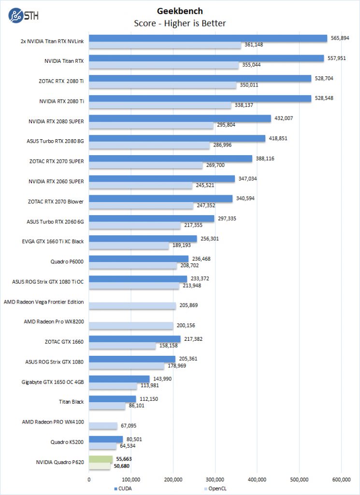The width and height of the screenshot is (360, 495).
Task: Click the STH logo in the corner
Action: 23,15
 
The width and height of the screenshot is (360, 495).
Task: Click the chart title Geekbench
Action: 180,11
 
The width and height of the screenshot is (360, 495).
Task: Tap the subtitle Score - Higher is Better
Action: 180,23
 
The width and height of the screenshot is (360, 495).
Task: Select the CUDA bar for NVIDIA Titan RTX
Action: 206,58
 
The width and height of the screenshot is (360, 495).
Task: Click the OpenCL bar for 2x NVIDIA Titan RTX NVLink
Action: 165,45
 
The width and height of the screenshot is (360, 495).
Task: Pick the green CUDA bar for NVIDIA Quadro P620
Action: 101,459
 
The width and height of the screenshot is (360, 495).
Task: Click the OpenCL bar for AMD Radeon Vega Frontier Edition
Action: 132,306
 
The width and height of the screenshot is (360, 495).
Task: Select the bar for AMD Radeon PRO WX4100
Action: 103,425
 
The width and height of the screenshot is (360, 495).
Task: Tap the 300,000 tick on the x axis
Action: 215,480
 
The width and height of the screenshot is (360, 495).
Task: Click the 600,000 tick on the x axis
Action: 341,480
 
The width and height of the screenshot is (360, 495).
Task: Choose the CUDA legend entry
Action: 124,489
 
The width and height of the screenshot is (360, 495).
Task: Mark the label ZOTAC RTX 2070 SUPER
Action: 56,161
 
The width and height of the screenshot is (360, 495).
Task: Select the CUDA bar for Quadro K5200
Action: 106,439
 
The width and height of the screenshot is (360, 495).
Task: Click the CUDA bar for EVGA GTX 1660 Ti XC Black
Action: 143,238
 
